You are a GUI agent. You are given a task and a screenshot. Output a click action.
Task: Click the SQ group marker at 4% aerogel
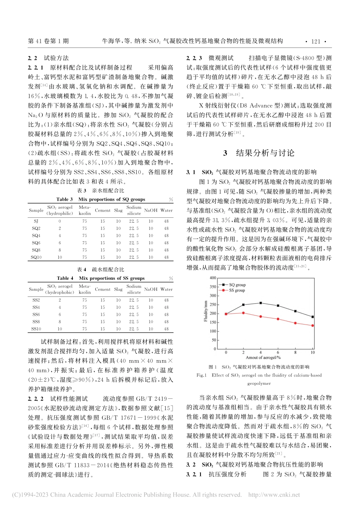(x=261, y=303)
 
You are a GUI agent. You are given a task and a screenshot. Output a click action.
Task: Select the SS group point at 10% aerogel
(x=313, y=325)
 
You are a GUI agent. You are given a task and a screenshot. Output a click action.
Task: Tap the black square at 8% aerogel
(x=296, y=311)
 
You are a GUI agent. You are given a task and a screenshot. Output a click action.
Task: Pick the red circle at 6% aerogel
(x=278, y=319)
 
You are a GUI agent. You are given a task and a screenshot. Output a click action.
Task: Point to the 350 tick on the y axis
(x=213, y=287)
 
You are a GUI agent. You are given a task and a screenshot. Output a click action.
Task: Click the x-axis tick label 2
(x=243, y=353)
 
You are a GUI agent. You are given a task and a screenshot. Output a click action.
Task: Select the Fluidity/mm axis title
(x=206, y=311)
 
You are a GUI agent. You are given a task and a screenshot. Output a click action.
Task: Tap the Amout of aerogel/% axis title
(x=263, y=358)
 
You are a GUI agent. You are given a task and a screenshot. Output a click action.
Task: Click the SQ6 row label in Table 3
(x=36, y=243)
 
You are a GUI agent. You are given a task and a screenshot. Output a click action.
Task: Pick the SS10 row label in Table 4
(x=36, y=329)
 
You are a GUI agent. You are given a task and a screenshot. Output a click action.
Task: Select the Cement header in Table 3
(x=103, y=210)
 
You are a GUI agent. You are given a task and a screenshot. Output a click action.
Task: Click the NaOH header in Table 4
(x=151, y=289)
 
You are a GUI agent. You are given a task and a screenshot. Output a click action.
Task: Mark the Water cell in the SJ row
(x=166, y=221)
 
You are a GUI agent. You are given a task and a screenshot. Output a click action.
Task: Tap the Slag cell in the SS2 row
(x=119, y=300)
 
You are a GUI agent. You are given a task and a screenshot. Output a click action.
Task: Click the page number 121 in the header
(x=316, y=42)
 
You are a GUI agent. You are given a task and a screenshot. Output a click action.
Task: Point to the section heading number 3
(x=225, y=153)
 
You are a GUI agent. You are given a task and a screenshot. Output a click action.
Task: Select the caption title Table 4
(x=65, y=278)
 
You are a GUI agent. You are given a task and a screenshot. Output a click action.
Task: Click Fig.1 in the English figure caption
(x=201, y=375)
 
